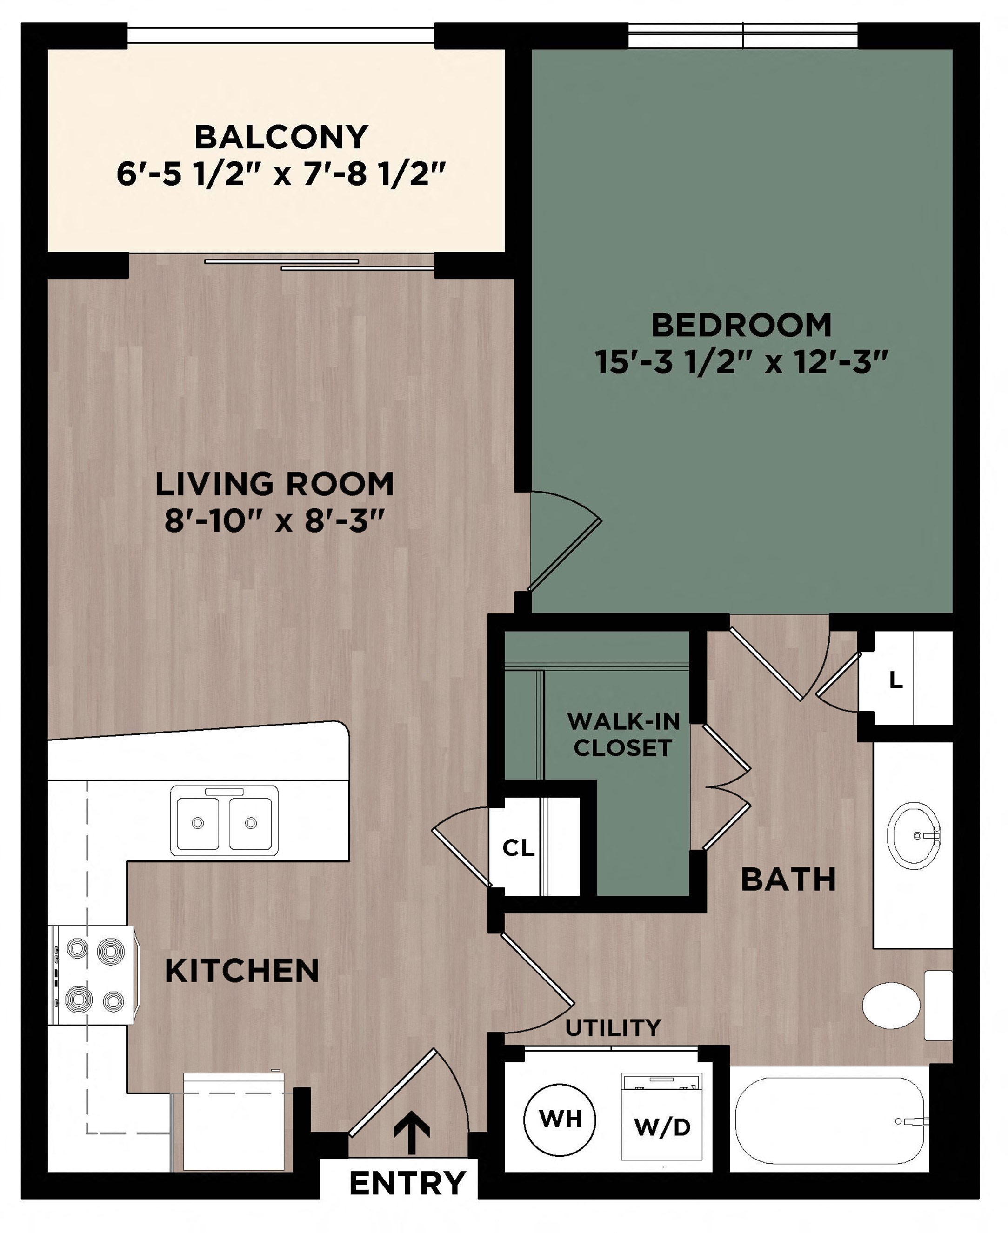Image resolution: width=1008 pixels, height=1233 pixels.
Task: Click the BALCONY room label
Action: point(281,137)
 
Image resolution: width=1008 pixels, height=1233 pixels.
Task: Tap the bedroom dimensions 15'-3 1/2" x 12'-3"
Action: point(742,363)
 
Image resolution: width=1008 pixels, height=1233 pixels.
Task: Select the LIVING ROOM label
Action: point(274,484)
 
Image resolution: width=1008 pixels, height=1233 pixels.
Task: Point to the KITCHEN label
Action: point(242,971)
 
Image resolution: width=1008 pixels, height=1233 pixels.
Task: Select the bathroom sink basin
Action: point(914,836)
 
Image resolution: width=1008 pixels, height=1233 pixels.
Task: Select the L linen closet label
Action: point(896,680)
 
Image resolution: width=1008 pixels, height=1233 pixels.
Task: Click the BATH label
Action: point(788,880)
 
